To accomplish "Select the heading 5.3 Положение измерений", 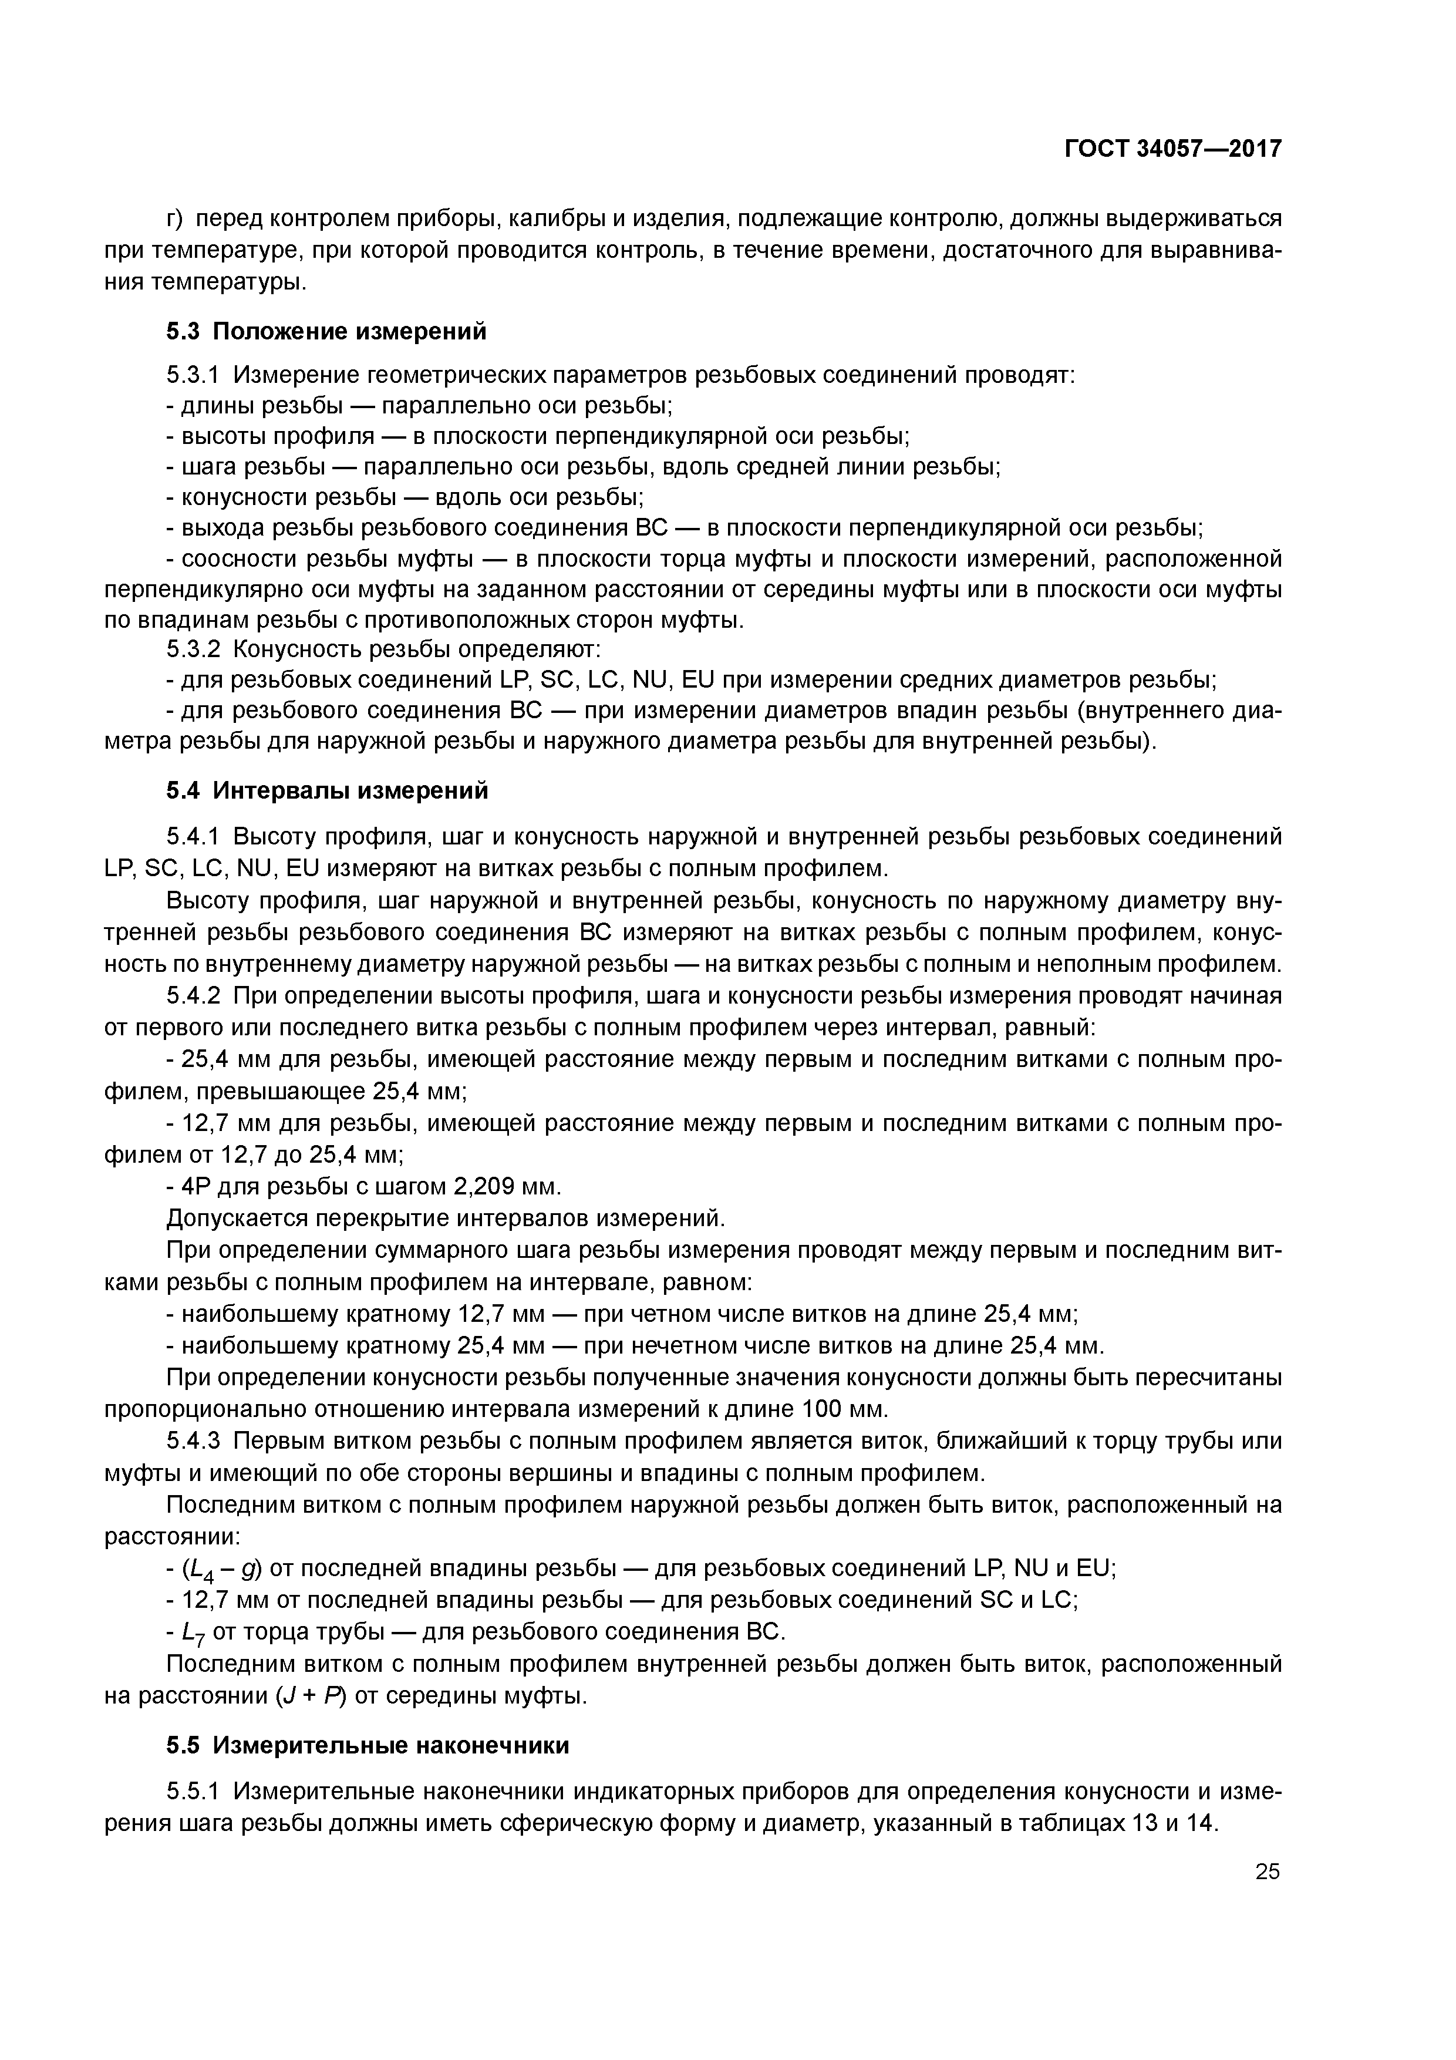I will (326, 332).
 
